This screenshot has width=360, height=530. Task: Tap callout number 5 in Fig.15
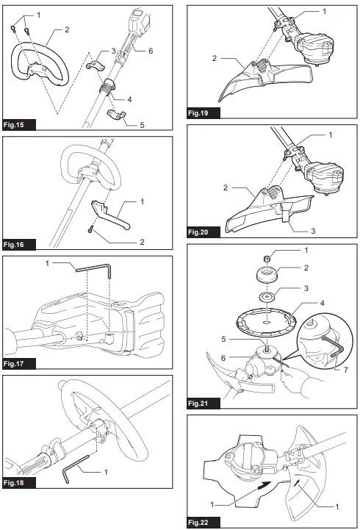[x=141, y=125]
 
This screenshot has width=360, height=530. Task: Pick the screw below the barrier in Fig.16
[x=90, y=229]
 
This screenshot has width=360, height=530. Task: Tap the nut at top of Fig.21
[x=268, y=257]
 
